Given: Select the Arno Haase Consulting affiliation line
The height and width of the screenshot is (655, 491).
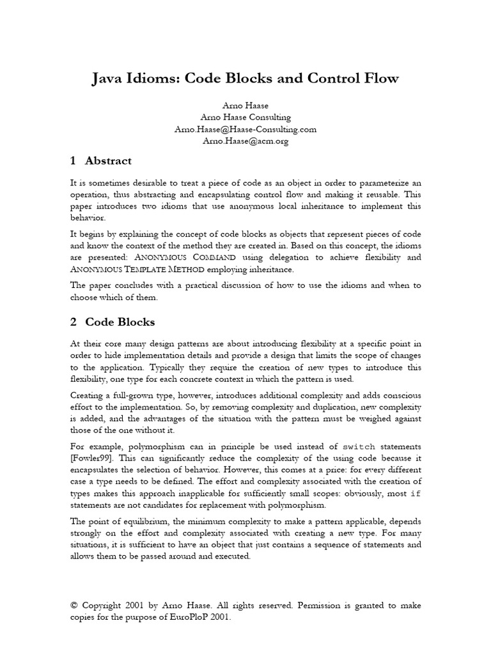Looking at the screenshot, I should click(x=245, y=117).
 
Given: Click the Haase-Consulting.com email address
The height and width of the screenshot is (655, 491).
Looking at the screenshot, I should click(x=245, y=129).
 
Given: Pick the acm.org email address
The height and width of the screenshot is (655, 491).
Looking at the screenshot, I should click(x=245, y=141).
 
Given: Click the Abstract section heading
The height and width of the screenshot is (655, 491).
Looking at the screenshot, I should click(x=108, y=161).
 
